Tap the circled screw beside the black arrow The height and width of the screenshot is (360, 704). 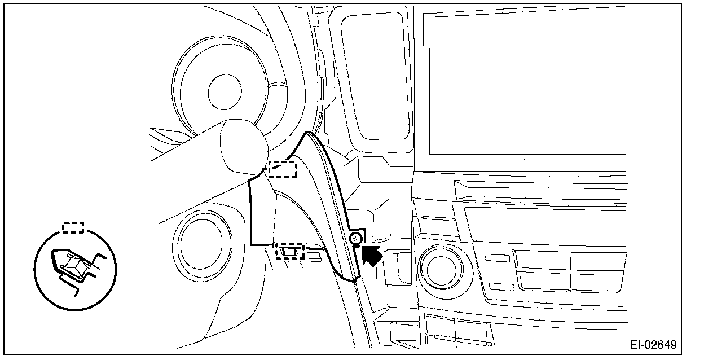tap(355, 239)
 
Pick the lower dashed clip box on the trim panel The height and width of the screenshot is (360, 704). tap(289, 251)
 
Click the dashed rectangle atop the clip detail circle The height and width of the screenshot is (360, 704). tap(73, 227)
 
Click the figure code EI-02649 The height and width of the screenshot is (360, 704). tap(653, 345)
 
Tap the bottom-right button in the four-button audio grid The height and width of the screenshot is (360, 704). tap(598, 280)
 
